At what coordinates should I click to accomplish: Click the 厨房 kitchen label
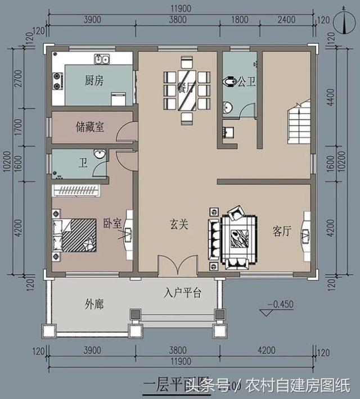pos(94,81)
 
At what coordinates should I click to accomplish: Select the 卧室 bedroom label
pos(112,223)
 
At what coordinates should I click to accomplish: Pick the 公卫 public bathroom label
pos(246,82)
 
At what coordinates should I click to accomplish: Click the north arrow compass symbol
pos(344,22)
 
